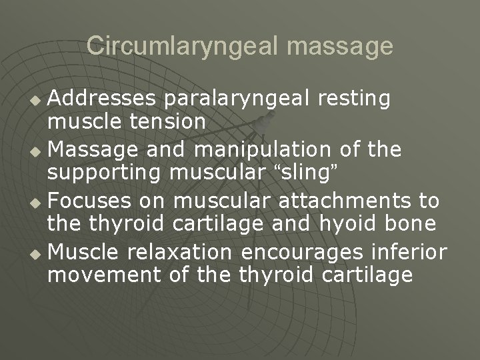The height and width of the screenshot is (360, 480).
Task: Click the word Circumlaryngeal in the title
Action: click(x=175, y=46)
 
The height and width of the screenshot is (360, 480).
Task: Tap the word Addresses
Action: click(x=103, y=99)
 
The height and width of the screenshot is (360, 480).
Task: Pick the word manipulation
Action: click(x=268, y=149)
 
